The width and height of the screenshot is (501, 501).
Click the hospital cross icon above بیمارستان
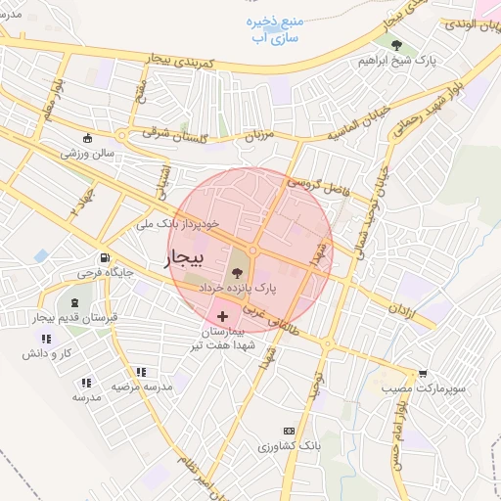(224, 316)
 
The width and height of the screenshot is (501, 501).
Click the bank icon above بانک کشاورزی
(289, 431)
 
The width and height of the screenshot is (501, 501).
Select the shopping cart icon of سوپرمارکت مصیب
(423, 374)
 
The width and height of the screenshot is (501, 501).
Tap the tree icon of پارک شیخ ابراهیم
(395, 45)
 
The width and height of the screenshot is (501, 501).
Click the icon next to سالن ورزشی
(88, 138)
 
